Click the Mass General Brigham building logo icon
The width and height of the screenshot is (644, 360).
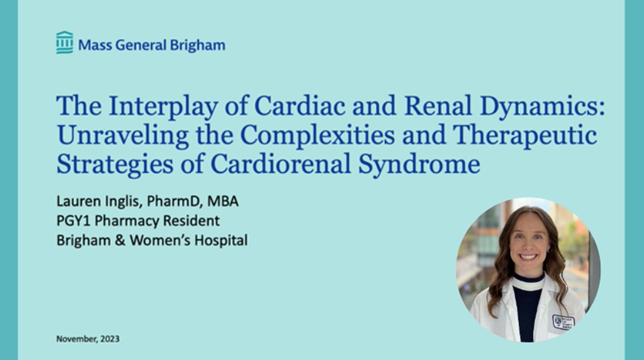pos(64,43)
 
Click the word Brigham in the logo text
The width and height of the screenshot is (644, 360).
pos(197,46)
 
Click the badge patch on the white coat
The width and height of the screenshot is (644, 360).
pos(563,321)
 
